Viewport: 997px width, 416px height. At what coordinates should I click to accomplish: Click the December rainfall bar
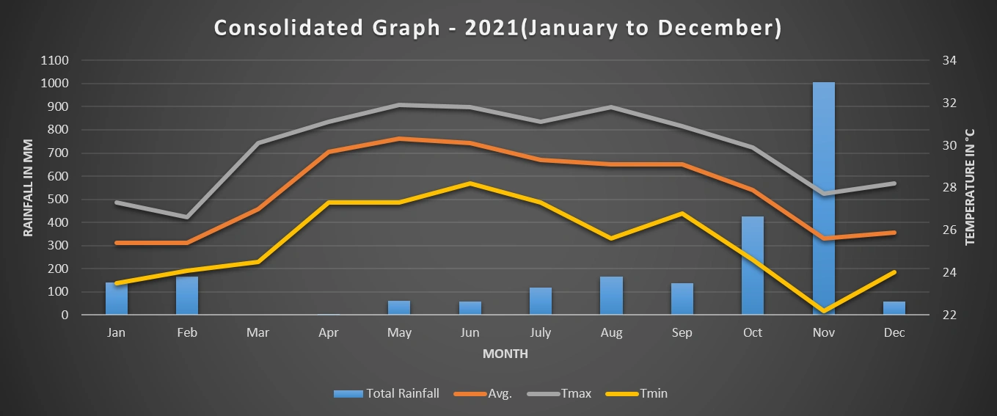(x=894, y=308)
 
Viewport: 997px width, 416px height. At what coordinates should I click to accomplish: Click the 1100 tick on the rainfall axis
(x=56, y=61)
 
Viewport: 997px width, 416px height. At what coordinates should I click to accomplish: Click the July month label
(x=541, y=333)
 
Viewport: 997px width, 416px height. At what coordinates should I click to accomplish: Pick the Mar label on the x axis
(x=258, y=333)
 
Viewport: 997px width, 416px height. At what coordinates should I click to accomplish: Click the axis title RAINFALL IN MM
(x=29, y=187)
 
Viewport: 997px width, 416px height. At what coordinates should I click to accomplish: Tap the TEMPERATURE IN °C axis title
(x=970, y=187)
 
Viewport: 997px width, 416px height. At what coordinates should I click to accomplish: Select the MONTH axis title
(x=505, y=354)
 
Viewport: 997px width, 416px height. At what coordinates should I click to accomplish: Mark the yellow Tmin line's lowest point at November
(x=823, y=311)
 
